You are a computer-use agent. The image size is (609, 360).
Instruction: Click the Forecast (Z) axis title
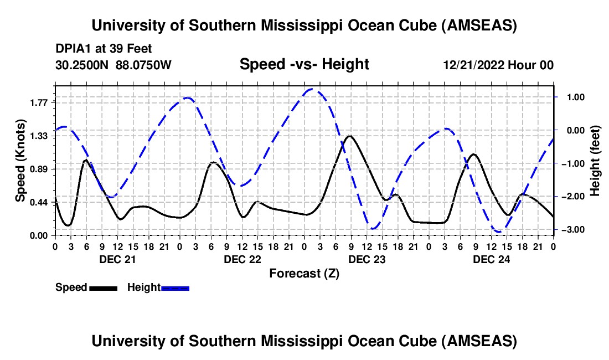(x=304, y=273)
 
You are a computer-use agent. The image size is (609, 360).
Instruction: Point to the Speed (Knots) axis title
(x=20, y=161)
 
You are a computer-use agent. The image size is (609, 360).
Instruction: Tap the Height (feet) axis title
(x=595, y=161)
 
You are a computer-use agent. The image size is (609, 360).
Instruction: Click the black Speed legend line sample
(x=103, y=288)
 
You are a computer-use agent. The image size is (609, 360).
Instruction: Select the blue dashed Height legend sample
(x=176, y=288)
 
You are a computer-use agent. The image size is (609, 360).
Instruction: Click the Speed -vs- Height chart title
(x=304, y=65)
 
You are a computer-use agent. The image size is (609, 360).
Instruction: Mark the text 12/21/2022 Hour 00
(x=498, y=65)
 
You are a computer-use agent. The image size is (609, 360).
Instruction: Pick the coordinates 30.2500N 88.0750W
(x=113, y=65)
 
